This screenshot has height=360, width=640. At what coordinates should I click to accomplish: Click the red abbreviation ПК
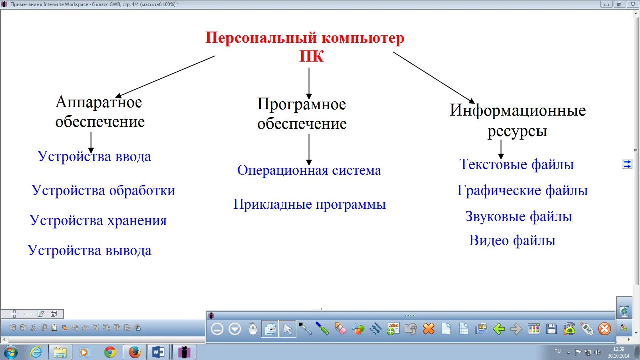[311, 56]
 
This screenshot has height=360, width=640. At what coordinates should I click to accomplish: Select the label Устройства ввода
[94, 156]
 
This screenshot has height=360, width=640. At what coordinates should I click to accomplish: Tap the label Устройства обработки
[103, 190]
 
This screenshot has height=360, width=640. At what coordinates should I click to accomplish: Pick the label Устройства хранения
[98, 220]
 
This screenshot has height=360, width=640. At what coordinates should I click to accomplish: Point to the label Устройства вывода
[90, 250]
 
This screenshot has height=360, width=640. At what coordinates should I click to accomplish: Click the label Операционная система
[309, 170]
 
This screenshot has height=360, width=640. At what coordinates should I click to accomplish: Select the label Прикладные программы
[309, 204]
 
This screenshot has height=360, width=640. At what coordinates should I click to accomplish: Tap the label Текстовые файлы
[516, 164]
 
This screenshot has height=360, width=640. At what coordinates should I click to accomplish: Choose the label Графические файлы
[522, 190]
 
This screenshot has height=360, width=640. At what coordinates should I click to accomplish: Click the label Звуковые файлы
[518, 216]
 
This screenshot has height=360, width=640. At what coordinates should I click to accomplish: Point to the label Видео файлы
[512, 240]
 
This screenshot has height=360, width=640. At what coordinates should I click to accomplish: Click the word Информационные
[518, 110]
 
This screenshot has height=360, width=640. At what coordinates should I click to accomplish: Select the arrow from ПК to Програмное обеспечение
[309, 82]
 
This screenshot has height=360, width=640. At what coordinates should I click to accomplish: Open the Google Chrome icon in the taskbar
[110, 352]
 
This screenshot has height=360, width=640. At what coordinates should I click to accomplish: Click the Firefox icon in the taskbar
[134, 352]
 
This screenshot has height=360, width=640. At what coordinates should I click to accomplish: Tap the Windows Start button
[11, 352]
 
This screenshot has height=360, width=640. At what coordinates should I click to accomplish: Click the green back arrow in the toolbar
[499, 329]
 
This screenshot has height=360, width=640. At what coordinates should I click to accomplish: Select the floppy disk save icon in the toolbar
[552, 329]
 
